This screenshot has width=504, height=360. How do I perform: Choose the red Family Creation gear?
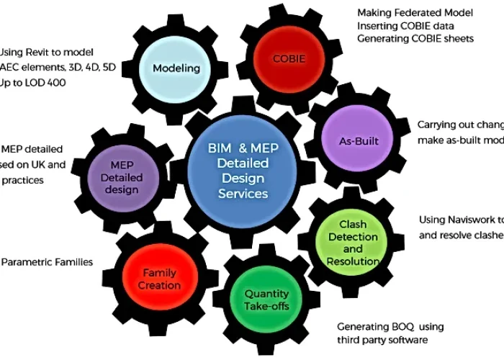point(161,279)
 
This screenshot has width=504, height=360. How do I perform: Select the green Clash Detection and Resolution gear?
point(353,243)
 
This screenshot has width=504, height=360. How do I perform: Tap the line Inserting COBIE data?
point(405,26)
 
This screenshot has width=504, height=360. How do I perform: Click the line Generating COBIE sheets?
point(415,39)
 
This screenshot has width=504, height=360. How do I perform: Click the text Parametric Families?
point(47,262)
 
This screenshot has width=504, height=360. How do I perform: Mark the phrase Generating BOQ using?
point(390,326)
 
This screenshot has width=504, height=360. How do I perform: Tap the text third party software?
point(382,340)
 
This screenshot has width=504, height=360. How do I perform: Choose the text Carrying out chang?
point(459,125)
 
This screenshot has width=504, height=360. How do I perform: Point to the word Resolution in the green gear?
point(353,261)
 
